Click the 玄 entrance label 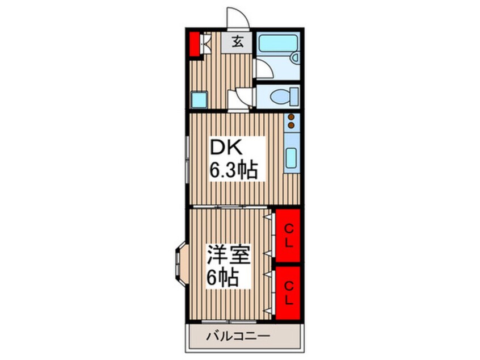(237, 42)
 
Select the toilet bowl (280, 96)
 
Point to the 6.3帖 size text (233, 170)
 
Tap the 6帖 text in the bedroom (222, 278)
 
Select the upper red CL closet (288, 235)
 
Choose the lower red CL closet (288, 293)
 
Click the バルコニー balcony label (238, 336)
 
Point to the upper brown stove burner (291, 117)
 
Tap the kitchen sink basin (291, 158)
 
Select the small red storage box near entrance (193, 44)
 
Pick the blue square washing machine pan (199, 99)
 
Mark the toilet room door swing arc (242, 98)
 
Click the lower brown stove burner (291, 125)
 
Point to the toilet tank (294, 96)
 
